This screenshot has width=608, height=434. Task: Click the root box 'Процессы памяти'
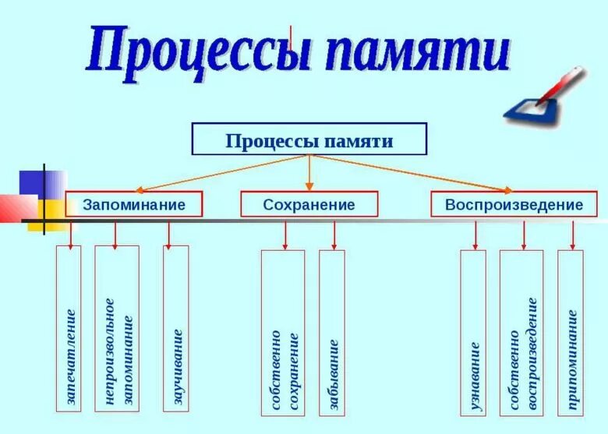click(309, 140)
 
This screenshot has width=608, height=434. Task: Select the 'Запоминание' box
click(134, 204)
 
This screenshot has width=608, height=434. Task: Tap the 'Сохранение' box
click(309, 204)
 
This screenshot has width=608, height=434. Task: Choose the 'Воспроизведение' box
click(514, 204)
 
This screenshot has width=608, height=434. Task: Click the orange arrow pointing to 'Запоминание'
click(218, 173)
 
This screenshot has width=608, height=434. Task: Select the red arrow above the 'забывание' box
click(334, 234)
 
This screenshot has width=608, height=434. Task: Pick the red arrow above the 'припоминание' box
click(572, 234)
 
